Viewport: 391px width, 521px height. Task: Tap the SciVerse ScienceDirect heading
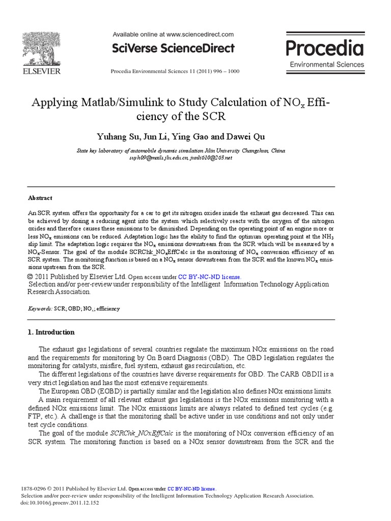coord(173,48)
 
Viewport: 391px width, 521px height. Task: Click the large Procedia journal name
coord(324,48)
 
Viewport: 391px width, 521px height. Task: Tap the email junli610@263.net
coord(210,158)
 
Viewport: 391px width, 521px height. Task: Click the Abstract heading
coord(40,198)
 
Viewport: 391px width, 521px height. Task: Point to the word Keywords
coord(39,308)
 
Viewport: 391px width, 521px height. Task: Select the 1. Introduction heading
coord(50,332)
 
